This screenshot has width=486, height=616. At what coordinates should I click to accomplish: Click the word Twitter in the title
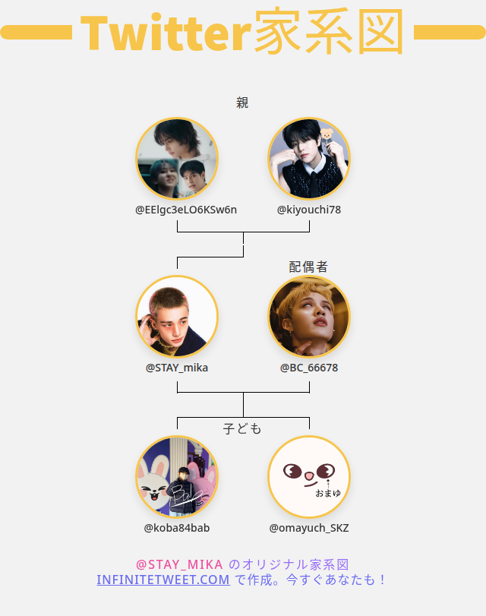coord(165,33)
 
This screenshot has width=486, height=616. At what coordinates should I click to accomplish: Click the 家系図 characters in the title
coord(328,33)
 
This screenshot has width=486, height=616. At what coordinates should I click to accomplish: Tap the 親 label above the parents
coord(242,103)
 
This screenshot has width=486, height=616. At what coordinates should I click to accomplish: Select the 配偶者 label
coord(308,267)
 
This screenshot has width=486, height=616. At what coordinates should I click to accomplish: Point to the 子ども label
coord(242,429)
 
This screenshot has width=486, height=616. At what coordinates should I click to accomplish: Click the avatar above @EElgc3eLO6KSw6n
coord(177,158)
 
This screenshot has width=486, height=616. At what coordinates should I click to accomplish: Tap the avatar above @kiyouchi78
coord(309,158)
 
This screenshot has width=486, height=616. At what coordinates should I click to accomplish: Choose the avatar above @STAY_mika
coord(177,317)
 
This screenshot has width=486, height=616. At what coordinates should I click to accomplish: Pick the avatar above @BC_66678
coord(309,317)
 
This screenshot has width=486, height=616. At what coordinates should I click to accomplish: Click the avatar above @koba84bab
coord(177,477)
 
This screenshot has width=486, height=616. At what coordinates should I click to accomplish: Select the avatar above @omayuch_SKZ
coord(309,477)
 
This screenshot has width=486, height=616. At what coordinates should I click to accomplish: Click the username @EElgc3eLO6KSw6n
coord(186,210)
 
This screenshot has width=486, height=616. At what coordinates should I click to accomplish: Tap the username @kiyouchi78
coord(309,210)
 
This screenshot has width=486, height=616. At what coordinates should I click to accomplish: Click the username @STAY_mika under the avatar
coord(177,368)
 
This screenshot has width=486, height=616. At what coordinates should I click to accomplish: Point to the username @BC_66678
coord(309,368)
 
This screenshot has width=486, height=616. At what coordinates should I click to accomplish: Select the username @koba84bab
coord(177,528)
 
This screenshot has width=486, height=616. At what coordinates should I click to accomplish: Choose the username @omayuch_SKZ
coord(309,528)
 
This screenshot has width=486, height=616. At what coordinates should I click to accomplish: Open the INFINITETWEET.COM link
coord(163,580)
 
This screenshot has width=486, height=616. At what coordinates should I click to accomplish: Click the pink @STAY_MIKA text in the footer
coord(179,564)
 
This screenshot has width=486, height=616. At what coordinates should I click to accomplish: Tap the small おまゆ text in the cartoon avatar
coord(328,493)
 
